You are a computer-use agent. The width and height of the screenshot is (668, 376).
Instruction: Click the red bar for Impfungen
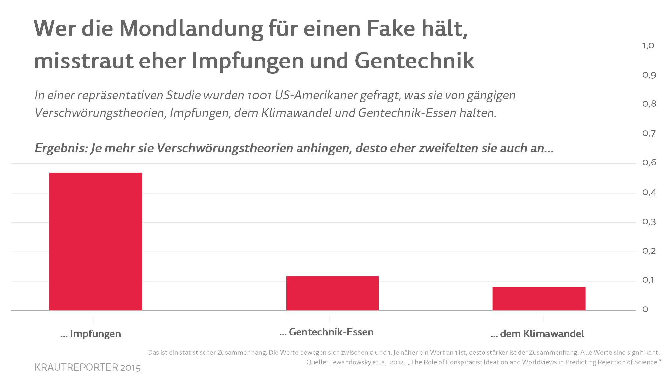[x=96, y=241]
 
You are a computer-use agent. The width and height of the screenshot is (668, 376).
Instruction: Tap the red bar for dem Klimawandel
[x=539, y=298]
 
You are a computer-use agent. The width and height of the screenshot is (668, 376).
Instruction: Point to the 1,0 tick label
[x=648, y=46]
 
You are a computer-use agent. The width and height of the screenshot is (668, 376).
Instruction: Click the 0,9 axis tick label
[x=649, y=75]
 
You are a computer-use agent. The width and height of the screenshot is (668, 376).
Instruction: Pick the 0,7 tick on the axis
[x=649, y=134]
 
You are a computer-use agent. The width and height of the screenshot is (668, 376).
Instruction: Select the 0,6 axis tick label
[x=649, y=163]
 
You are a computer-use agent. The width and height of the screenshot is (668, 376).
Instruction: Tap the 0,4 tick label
[x=649, y=192]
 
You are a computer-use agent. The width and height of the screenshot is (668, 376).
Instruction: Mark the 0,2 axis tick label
[x=649, y=251]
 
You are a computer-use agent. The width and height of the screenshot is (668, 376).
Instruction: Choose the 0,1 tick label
[x=648, y=280]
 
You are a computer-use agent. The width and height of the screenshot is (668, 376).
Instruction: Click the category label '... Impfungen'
[x=91, y=334]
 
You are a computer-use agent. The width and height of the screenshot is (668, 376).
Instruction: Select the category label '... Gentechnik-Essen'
[x=327, y=332]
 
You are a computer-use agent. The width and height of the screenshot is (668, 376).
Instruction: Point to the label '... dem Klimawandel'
[x=537, y=334]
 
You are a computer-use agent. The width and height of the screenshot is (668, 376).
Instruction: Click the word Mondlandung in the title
[x=191, y=29]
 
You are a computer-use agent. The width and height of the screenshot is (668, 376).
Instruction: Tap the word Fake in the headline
[x=391, y=28]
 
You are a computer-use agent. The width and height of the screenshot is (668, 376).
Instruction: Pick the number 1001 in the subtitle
[x=259, y=96]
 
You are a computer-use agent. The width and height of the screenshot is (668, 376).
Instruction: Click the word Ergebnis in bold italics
[x=60, y=148]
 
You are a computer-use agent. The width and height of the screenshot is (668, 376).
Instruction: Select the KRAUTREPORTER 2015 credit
[x=88, y=367]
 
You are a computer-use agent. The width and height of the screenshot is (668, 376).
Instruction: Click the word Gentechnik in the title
[x=414, y=61]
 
